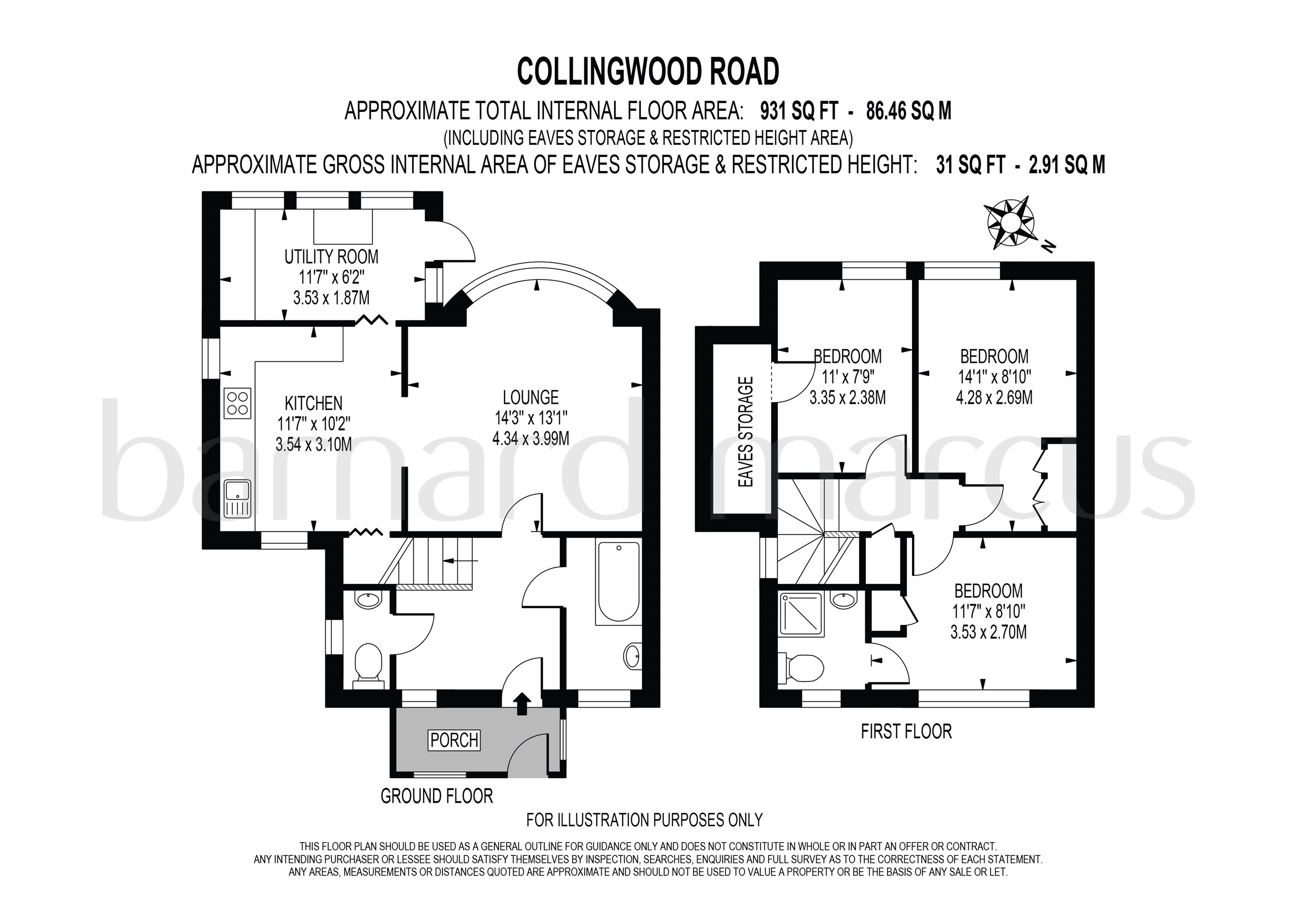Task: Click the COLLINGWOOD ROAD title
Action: pyautogui.click(x=648, y=72)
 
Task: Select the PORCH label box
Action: pyautogui.click(x=454, y=740)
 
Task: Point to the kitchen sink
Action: pyautogui.click(x=237, y=498)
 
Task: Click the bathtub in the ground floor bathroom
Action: pyautogui.click(x=619, y=582)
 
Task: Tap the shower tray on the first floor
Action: pyautogui.click(x=801, y=613)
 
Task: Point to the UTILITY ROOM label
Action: pyautogui.click(x=331, y=257)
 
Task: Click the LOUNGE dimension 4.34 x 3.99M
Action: pyautogui.click(x=530, y=438)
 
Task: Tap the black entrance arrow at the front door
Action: pyautogui.click(x=522, y=704)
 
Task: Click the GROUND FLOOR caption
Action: pyautogui.click(x=436, y=797)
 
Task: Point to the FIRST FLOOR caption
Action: pyautogui.click(x=906, y=731)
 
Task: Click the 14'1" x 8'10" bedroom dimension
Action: pyautogui.click(x=994, y=377)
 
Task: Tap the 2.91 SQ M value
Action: pyautogui.click(x=1066, y=165)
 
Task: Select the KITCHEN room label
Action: pyautogui.click(x=314, y=403)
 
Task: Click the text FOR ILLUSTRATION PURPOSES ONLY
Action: pyautogui.click(x=644, y=819)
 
